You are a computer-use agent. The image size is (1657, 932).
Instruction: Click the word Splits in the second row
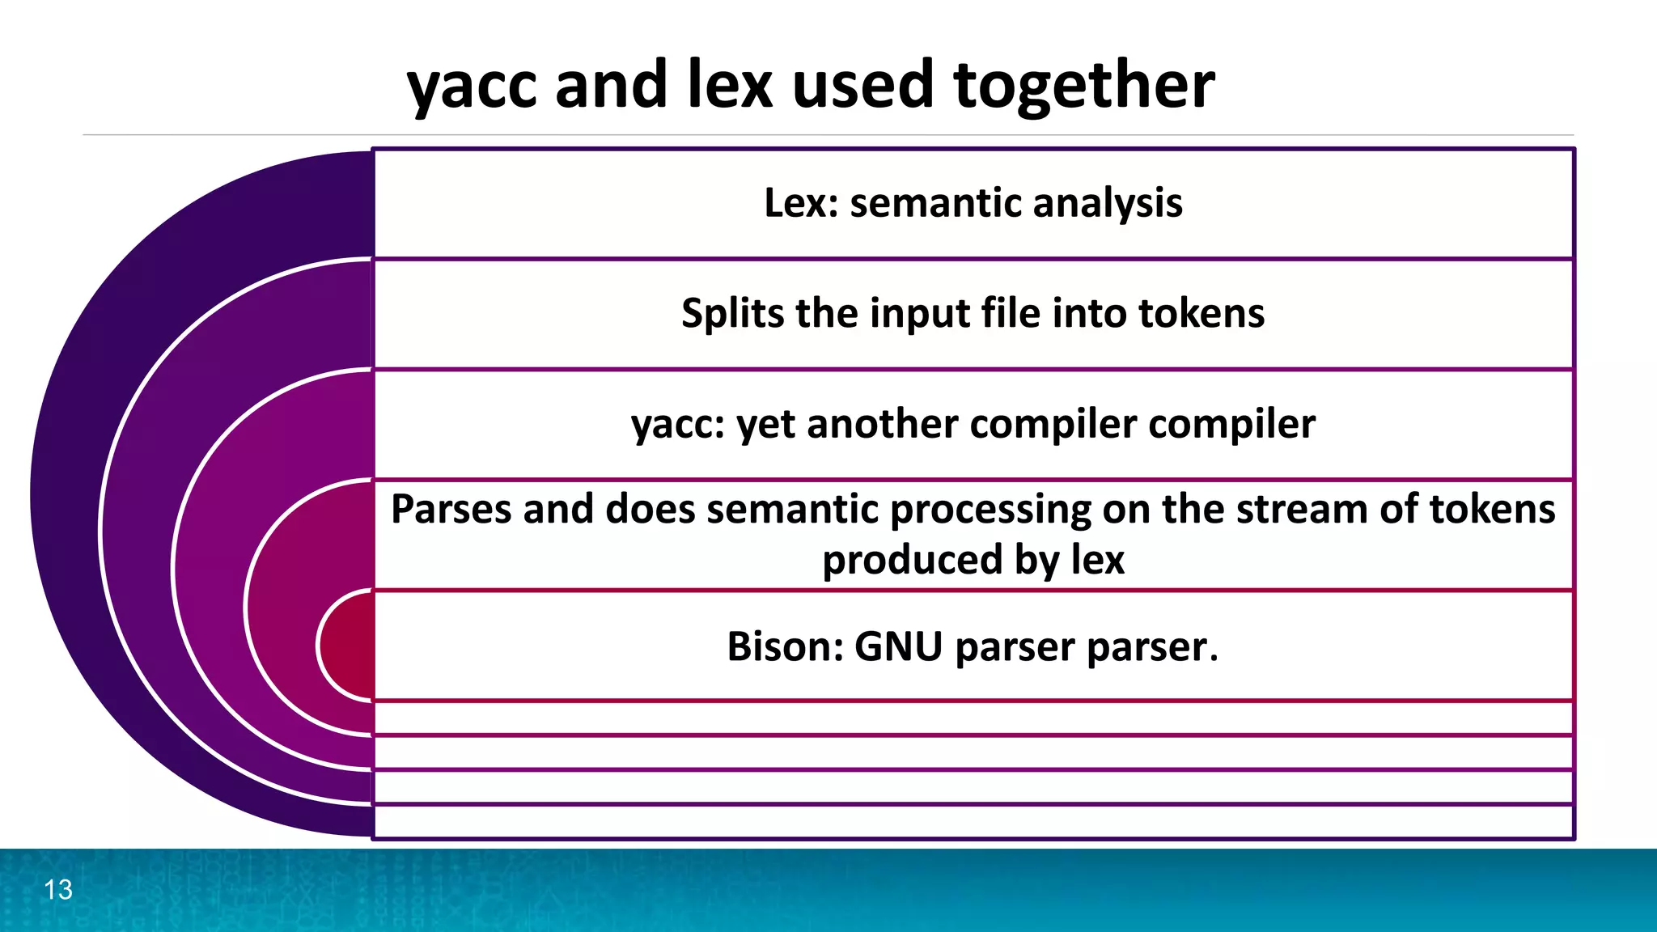point(731,314)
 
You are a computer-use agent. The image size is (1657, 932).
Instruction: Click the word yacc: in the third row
point(677,425)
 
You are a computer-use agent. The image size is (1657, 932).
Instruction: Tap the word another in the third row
point(883,424)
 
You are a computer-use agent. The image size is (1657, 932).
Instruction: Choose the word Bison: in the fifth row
point(785,646)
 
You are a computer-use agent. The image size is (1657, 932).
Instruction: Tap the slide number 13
point(58,890)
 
